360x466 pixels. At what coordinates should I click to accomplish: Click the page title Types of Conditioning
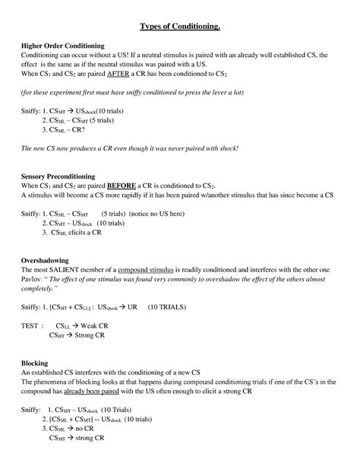click(x=179, y=27)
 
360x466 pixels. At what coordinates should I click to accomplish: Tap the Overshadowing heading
click(x=47, y=259)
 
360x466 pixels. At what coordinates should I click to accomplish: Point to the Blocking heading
click(x=35, y=363)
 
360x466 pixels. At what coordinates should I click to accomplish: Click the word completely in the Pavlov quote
click(x=42, y=289)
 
